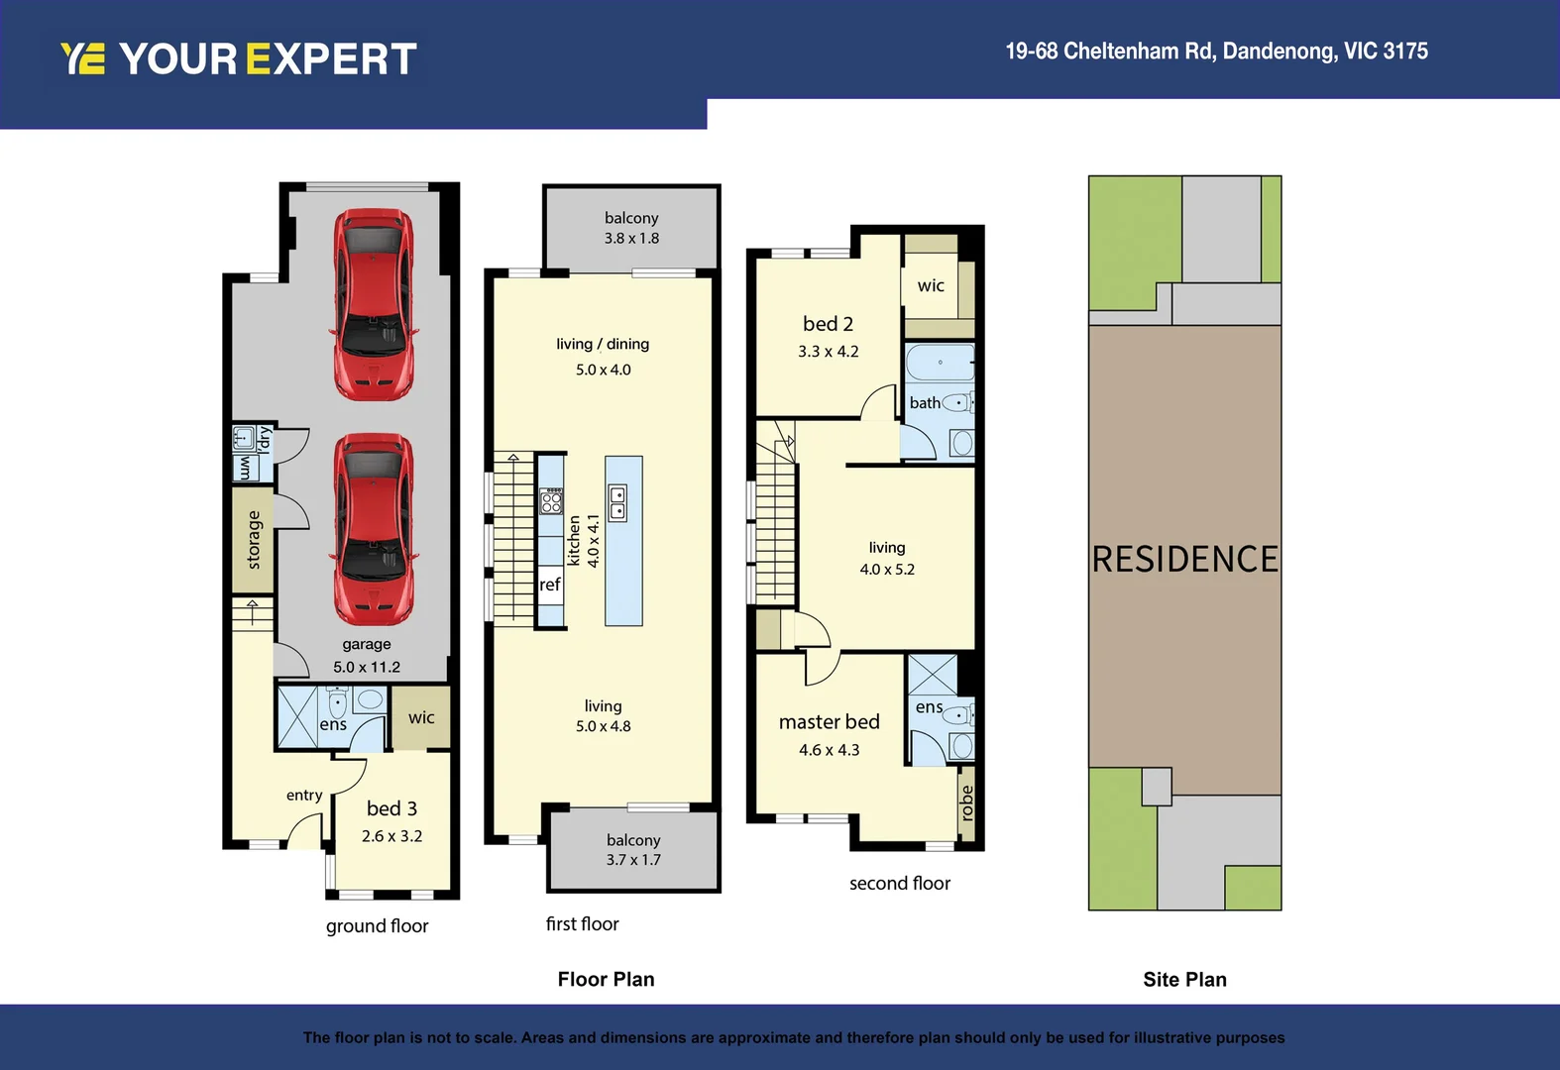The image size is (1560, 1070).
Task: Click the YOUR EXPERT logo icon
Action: pyautogui.click(x=82, y=59)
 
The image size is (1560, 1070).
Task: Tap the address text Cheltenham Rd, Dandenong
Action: pyautogui.click(x=1216, y=52)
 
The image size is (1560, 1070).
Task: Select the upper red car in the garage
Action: pyautogui.click(x=374, y=304)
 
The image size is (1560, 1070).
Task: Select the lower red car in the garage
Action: pyautogui.click(x=374, y=529)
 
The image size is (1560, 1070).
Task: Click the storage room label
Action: pyautogui.click(x=254, y=540)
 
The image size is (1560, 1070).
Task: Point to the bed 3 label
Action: pyautogui.click(x=391, y=808)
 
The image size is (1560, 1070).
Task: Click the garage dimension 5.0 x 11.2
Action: pyautogui.click(x=367, y=667)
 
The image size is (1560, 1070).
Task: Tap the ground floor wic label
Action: pyautogui.click(x=421, y=717)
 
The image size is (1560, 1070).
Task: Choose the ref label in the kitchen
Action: pyautogui.click(x=550, y=585)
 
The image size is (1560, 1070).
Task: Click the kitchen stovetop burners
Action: pyautogui.click(x=551, y=501)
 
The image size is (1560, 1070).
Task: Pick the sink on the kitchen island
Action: pyautogui.click(x=617, y=503)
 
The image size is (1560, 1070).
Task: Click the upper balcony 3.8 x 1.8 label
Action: pyautogui.click(x=631, y=228)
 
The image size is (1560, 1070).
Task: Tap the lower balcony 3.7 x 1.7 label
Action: pyautogui.click(x=633, y=850)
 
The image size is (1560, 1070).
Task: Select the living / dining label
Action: pyautogui.click(x=603, y=344)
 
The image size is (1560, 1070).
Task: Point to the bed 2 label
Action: pyautogui.click(x=828, y=324)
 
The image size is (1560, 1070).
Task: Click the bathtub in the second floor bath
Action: pyautogui.click(x=940, y=363)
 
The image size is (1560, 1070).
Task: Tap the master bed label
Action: pyautogui.click(x=829, y=722)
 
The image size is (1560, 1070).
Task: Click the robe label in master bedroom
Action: pyautogui.click(x=967, y=802)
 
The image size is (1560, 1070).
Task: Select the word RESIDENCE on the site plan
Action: pyautogui.click(x=1184, y=559)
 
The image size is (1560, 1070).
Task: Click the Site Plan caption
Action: pyautogui.click(x=1184, y=980)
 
